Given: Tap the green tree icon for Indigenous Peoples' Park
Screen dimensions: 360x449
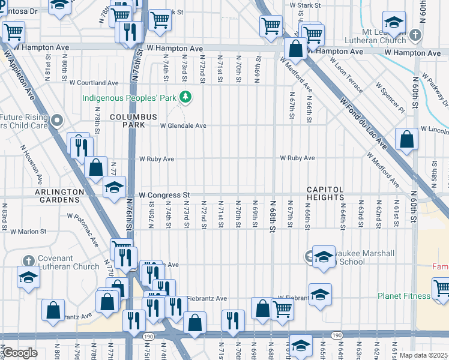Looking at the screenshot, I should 186,96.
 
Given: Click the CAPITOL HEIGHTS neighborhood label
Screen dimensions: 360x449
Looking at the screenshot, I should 325,193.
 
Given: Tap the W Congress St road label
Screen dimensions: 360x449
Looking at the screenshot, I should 164,195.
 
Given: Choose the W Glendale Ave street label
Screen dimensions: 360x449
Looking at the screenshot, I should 182,126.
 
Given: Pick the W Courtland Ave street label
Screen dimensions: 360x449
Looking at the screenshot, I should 94,83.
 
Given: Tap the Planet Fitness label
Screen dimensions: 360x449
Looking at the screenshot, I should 403,296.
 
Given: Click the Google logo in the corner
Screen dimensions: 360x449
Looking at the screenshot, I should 19,353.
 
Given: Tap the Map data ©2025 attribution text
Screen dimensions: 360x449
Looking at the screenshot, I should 423,355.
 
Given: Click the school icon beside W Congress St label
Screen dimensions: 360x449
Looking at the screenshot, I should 114,187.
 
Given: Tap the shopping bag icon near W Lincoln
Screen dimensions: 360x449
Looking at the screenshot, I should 406,140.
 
